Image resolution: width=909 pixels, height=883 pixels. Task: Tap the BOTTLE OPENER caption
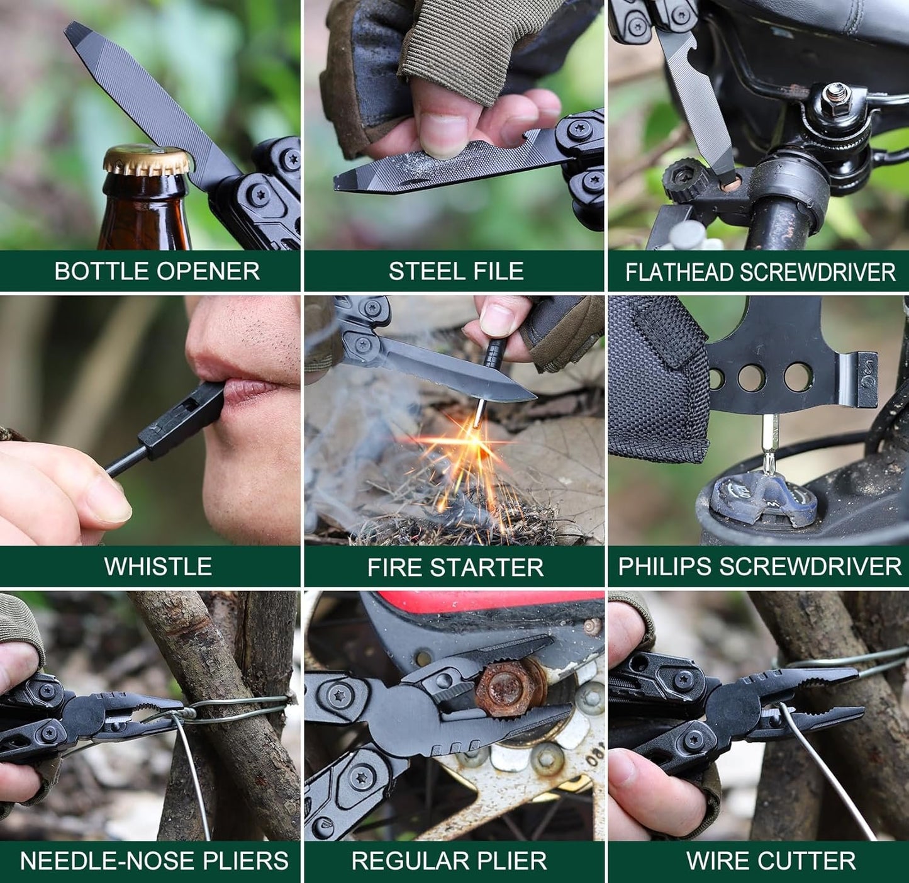pyautogui.click(x=157, y=271)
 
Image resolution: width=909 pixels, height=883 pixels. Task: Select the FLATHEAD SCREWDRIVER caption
pyautogui.click(x=760, y=272)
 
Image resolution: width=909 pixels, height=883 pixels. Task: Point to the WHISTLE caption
pyautogui.click(x=158, y=566)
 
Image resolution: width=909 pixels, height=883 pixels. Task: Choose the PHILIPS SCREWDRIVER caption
pyautogui.click(x=759, y=566)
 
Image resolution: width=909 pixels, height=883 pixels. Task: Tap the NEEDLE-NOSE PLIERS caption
pyautogui.click(x=154, y=860)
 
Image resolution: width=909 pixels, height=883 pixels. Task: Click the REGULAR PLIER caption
pyautogui.click(x=449, y=860)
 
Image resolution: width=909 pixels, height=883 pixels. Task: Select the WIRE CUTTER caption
pyautogui.click(x=771, y=860)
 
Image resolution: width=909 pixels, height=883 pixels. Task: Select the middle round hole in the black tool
pyautogui.click(x=751, y=378)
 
